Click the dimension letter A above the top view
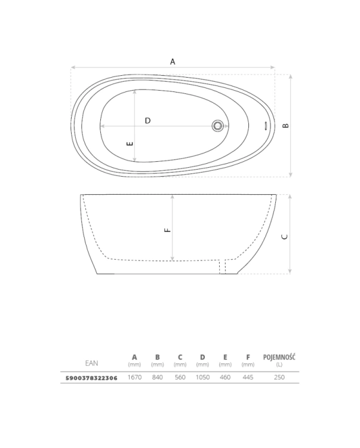pyautogui.click(x=173, y=62)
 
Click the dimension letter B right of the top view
pyautogui.click(x=285, y=125)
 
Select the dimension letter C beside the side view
pyautogui.click(x=285, y=237)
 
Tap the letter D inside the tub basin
pyautogui.click(x=147, y=121)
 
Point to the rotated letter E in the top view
pyautogui.click(x=130, y=144)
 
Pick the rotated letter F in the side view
pyautogui.click(x=168, y=230)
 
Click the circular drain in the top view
pyautogui.click(x=218, y=125)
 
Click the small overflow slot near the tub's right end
pyautogui.click(x=266, y=125)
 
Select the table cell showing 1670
pyautogui.click(x=134, y=377)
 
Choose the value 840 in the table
pyautogui.click(x=157, y=377)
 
